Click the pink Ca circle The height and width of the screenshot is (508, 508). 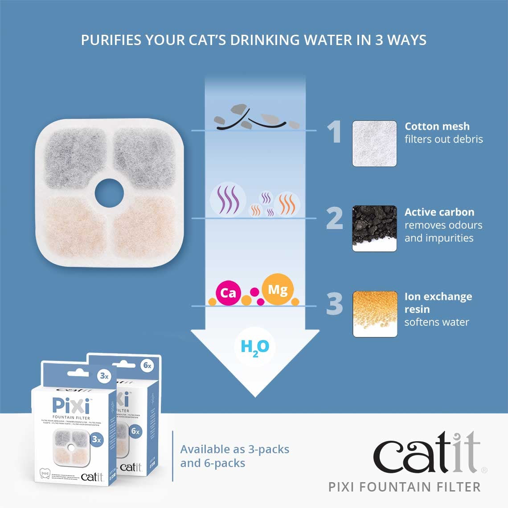228,293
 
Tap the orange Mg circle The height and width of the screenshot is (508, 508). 277,290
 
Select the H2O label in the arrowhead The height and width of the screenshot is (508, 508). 254,347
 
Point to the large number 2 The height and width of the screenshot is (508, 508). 335,218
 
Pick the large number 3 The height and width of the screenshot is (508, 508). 335,304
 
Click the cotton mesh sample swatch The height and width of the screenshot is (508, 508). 374,143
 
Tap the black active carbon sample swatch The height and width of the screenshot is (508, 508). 374,228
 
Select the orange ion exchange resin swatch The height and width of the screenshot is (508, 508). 374,314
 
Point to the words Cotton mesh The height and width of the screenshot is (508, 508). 437,127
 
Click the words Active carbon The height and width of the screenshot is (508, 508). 439,212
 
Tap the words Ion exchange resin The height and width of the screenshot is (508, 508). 438,303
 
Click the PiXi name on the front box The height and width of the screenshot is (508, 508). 71,406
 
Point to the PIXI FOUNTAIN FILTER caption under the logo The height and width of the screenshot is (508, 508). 404,487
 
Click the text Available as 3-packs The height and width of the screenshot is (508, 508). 235,449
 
